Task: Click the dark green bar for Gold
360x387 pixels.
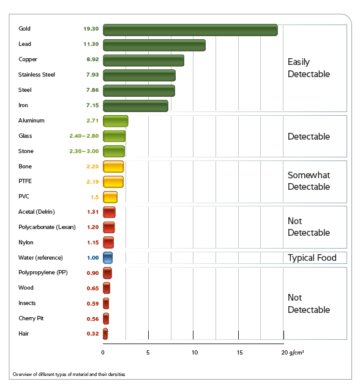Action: coord(190,30)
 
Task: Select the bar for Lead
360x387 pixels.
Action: coord(154,45)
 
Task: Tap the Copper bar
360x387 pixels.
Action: coord(143,60)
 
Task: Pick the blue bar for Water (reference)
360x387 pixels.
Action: coord(108,258)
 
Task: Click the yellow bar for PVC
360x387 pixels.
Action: coord(110,197)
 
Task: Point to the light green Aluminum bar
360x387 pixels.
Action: coord(115,121)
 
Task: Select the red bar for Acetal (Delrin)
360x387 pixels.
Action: coord(109,212)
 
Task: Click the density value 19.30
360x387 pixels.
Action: coord(91,29)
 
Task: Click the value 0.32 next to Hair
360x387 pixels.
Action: coord(92,334)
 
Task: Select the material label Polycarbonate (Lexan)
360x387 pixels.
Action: coord(47,227)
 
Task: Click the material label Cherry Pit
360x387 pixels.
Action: coord(31,318)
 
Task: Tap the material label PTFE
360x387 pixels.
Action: coord(26,182)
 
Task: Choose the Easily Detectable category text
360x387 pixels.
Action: coord(309,68)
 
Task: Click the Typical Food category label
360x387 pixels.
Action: coord(312,258)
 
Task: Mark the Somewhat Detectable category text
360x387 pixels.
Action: coord(309,181)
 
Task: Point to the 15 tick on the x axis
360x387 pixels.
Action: coord(239,353)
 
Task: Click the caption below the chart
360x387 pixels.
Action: coord(69,374)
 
